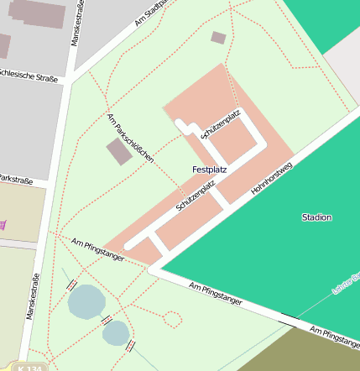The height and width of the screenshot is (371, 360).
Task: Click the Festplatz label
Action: (x=209, y=170)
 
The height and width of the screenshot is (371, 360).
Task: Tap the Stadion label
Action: (x=316, y=217)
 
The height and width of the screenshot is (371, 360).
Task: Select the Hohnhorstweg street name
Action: (x=271, y=179)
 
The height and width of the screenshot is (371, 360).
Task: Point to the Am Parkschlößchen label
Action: (x=130, y=137)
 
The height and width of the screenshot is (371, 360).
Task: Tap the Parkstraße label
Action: (x=15, y=180)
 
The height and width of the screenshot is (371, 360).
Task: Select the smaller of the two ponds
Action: (x=116, y=333)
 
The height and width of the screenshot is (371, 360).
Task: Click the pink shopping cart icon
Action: (x=3, y=224)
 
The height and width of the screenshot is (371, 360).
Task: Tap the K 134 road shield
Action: (x=31, y=367)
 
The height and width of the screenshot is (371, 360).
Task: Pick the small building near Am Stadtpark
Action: (x=218, y=38)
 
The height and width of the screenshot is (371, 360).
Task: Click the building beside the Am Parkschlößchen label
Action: (x=119, y=152)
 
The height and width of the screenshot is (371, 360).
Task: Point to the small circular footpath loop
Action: (x=172, y=319)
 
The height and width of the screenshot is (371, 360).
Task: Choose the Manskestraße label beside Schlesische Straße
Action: (x=75, y=24)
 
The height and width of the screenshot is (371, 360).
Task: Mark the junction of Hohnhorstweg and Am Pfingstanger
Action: (x=154, y=269)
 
